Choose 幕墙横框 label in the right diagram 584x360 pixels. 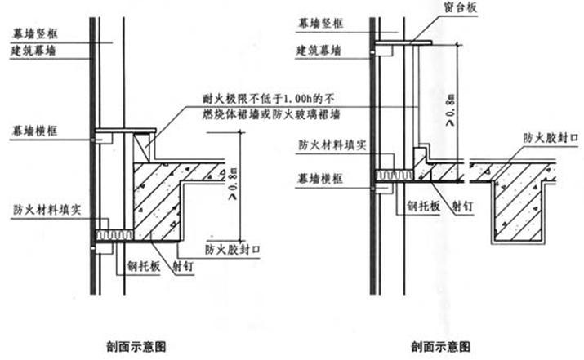(321, 177)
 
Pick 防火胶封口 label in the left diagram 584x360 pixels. (233, 249)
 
